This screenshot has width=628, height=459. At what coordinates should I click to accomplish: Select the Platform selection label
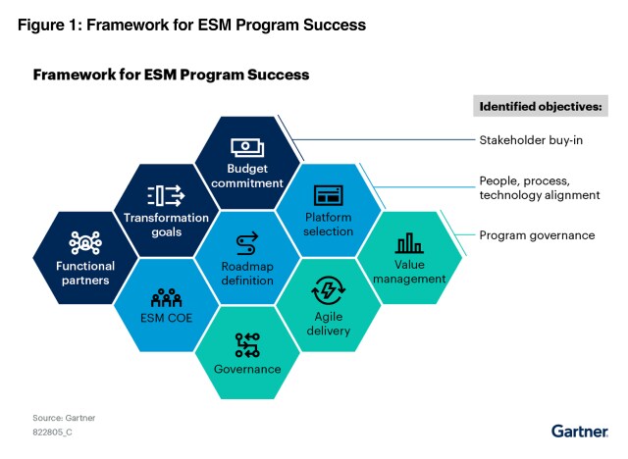[327, 224]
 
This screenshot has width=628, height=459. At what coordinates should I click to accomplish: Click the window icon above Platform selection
[327, 194]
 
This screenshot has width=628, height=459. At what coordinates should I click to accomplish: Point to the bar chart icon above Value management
[408, 243]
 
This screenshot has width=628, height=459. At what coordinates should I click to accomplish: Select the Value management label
[408, 272]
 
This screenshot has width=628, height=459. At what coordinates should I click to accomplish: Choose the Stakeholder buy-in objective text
[531, 140]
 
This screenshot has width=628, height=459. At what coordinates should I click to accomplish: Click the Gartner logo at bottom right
[580, 432]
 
